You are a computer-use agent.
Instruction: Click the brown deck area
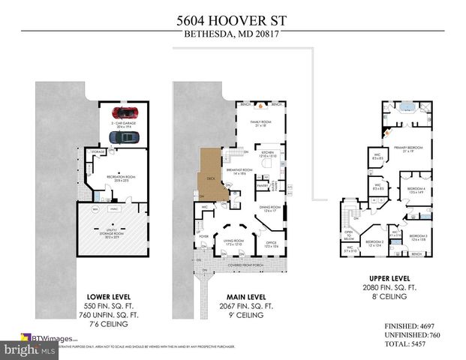(x=213, y=175)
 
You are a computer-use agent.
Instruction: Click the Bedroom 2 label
(x=374, y=241)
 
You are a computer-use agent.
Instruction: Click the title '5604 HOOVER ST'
(x=232, y=19)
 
